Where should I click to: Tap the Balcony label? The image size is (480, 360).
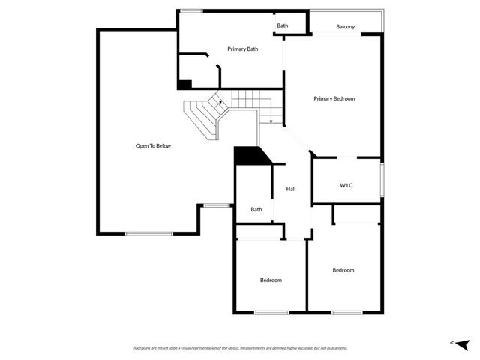pyautogui.click(x=346, y=27)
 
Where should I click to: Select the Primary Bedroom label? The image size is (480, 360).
pyautogui.click(x=334, y=98)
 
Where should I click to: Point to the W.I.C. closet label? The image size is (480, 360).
pyautogui.click(x=346, y=185)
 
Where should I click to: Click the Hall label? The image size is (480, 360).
pyautogui.click(x=291, y=189)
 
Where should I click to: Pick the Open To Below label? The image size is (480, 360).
pyautogui.click(x=153, y=145)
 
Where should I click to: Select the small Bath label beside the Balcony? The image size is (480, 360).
pyautogui.click(x=283, y=25)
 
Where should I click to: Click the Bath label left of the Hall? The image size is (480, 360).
pyautogui.click(x=256, y=210)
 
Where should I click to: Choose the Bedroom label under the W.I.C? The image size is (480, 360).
pyautogui.click(x=343, y=270)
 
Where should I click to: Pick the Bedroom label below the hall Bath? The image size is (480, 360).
pyautogui.click(x=271, y=280)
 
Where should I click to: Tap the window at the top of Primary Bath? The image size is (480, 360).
pyautogui.click(x=192, y=10)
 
